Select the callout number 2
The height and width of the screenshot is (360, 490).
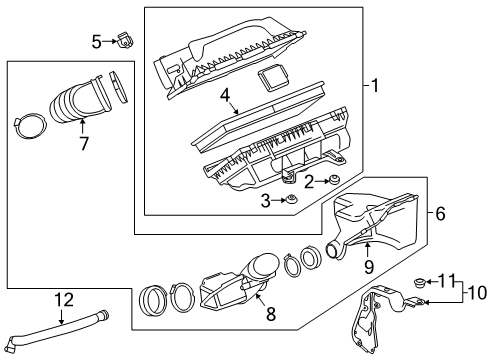pyautogui.click(x=310, y=180)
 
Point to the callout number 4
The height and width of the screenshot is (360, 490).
pyautogui.click(x=226, y=98)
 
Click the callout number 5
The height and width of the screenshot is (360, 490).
pyautogui.click(x=97, y=42)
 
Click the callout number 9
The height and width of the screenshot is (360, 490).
pyautogui.click(x=367, y=266)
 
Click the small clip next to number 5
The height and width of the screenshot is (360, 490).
pyautogui.click(x=125, y=41)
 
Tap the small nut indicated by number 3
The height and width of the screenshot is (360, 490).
pyautogui.click(x=291, y=201)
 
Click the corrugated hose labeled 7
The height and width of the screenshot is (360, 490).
pyautogui.click(x=80, y=105)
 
